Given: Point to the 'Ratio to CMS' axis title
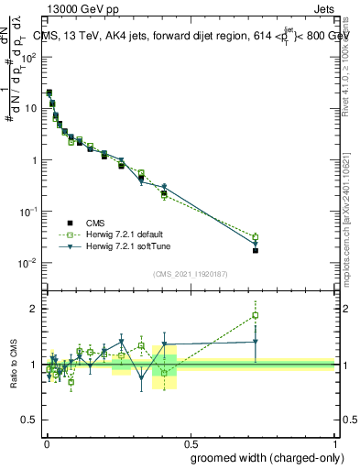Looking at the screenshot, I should (x=16, y=364).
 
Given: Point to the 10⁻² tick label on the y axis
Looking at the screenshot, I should (x=28, y=263).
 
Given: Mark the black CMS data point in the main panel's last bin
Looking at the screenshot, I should (x=256, y=250).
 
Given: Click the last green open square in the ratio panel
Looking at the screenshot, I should (x=256, y=316).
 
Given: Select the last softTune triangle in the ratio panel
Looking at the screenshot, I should (x=256, y=342).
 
